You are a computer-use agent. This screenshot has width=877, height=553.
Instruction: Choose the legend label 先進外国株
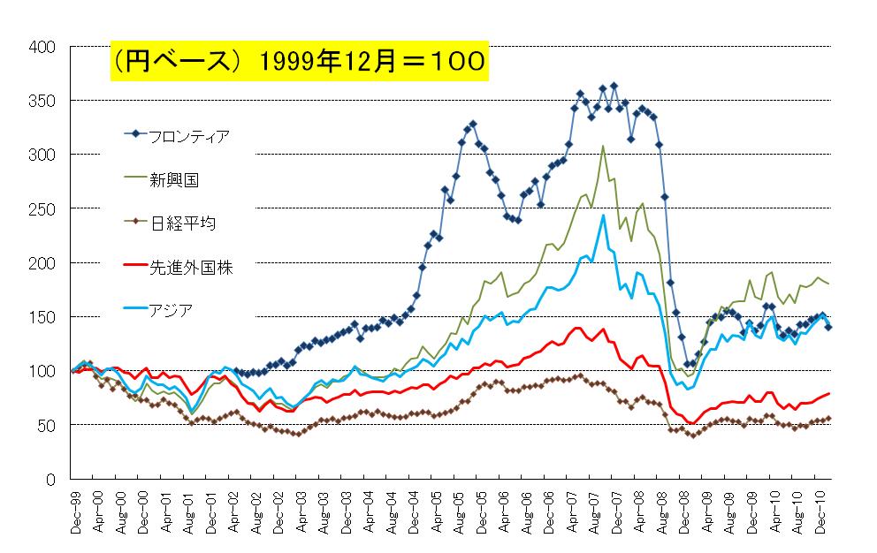coord(191,266)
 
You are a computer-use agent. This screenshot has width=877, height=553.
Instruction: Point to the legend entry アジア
coord(172,309)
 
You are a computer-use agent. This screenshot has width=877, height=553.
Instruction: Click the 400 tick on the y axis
coord(42,46)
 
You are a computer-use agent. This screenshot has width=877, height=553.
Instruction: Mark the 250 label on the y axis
coord(42,208)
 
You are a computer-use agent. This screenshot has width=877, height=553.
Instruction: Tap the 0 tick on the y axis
coord(51,479)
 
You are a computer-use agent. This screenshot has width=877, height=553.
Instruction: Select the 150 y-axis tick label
coord(42,316)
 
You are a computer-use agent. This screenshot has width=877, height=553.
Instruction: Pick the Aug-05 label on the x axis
coord(455,512)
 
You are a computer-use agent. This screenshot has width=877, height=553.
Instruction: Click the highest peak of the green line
coord(603,147)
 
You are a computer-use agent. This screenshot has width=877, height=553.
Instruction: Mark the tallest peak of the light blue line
coord(603,216)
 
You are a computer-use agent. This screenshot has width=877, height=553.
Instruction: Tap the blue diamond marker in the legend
coord(136,134)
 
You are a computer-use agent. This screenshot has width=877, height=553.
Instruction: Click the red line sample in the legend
coord(136,266)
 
